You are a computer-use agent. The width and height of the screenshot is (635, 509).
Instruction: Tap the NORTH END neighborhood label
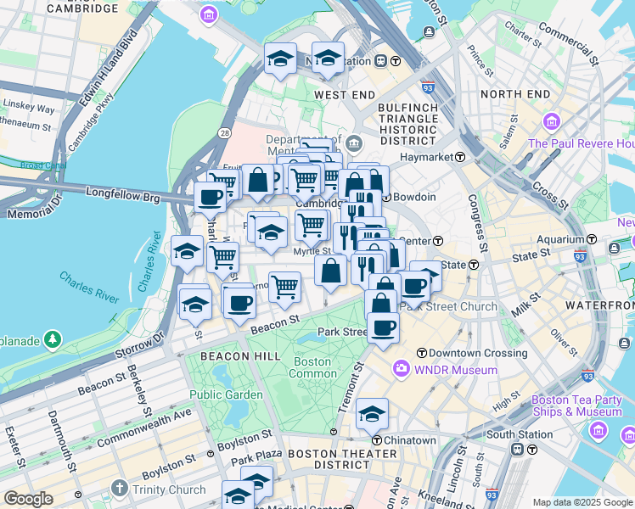(x=515, y=94)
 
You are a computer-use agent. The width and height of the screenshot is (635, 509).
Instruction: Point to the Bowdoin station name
(x=413, y=198)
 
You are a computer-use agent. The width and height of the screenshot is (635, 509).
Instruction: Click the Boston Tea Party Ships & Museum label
(x=576, y=406)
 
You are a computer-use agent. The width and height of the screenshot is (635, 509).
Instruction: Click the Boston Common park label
(x=313, y=367)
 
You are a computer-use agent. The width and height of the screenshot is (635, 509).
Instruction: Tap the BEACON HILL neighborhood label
(x=240, y=357)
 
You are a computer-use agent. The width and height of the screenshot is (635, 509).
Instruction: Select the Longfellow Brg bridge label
(x=123, y=194)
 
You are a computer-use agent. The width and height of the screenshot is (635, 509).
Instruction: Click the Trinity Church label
(x=170, y=489)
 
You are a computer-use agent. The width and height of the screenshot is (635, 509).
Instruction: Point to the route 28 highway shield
(x=224, y=134)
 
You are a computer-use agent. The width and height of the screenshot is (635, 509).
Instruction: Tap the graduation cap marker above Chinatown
(x=372, y=414)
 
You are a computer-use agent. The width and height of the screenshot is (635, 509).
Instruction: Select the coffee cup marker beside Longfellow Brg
(x=210, y=198)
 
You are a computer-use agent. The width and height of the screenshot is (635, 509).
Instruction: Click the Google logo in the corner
(x=28, y=499)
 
